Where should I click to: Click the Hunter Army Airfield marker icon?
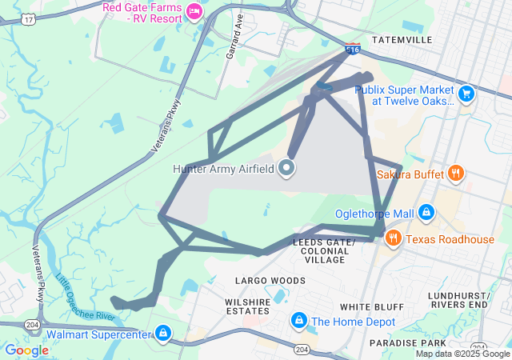pyautogui.click(x=286, y=168)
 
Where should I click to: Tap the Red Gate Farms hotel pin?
pyautogui.click(x=194, y=11)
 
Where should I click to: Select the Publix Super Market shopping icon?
pyautogui.click(x=467, y=95)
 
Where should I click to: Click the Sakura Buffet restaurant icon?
pyautogui.click(x=455, y=173)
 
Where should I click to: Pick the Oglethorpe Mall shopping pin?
pyautogui.click(x=426, y=214)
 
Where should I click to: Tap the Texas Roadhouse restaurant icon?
pyautogui.click(x=393, y=239)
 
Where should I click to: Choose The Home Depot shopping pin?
pyautogui.click(x=298, y=322)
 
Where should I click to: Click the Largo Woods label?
pyautogui.click(x=270, y=281)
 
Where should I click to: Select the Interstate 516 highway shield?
pyautogui.click(x=352, y=50)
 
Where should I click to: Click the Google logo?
pyautogui.click(x=26, y=350)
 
